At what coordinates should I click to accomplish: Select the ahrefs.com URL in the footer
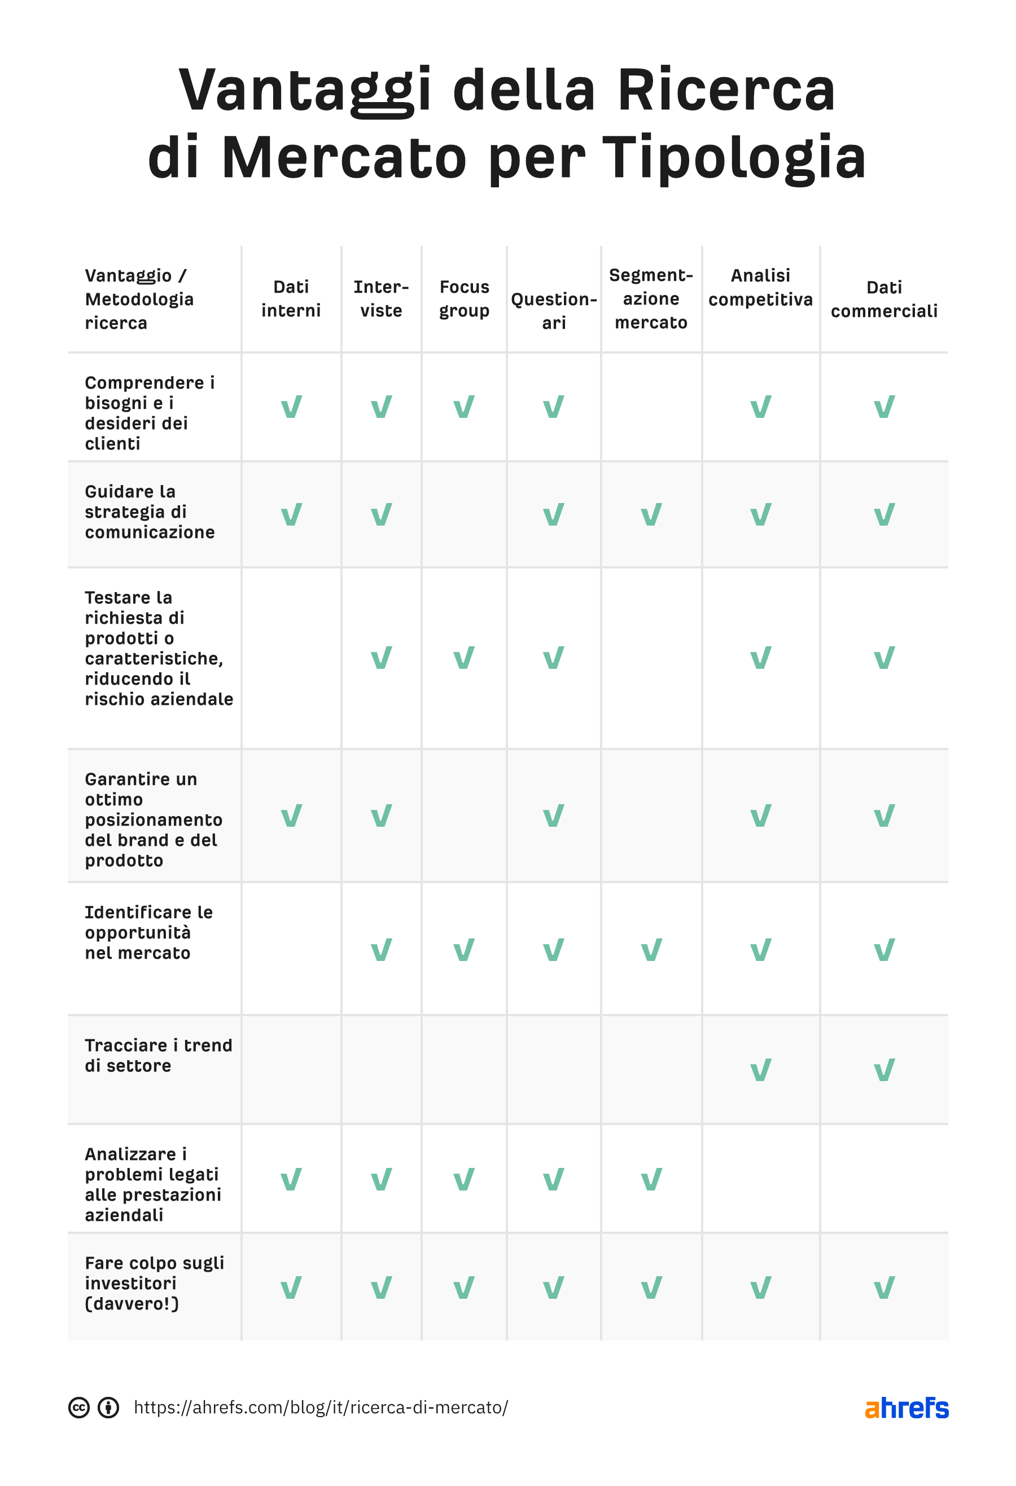321,1408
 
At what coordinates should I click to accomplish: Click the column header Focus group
464,298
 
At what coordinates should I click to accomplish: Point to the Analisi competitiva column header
760,287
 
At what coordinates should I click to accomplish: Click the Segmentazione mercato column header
651,298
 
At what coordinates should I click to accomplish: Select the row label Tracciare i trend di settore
158,1055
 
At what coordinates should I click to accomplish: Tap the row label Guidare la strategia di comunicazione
150,511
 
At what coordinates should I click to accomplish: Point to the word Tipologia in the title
734,157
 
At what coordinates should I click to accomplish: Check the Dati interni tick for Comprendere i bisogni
291,407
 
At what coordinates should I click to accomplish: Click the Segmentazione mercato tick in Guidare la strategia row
651,515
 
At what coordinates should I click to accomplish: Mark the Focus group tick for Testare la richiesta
464,658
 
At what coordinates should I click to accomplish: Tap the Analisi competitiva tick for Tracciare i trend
760,1070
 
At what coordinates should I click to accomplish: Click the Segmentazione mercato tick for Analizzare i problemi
651,1180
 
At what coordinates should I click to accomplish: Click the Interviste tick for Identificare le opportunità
382,950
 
